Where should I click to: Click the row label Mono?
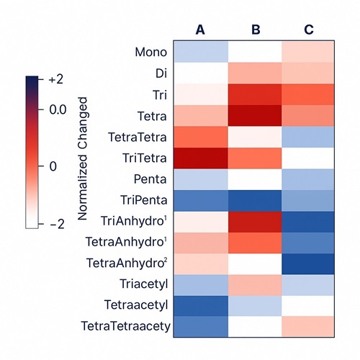point(151,53)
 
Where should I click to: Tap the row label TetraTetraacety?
point(126,325)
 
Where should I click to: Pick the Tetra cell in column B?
point(255,114)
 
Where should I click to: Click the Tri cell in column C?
point(308,94)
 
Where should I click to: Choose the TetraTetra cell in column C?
point(308,135)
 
